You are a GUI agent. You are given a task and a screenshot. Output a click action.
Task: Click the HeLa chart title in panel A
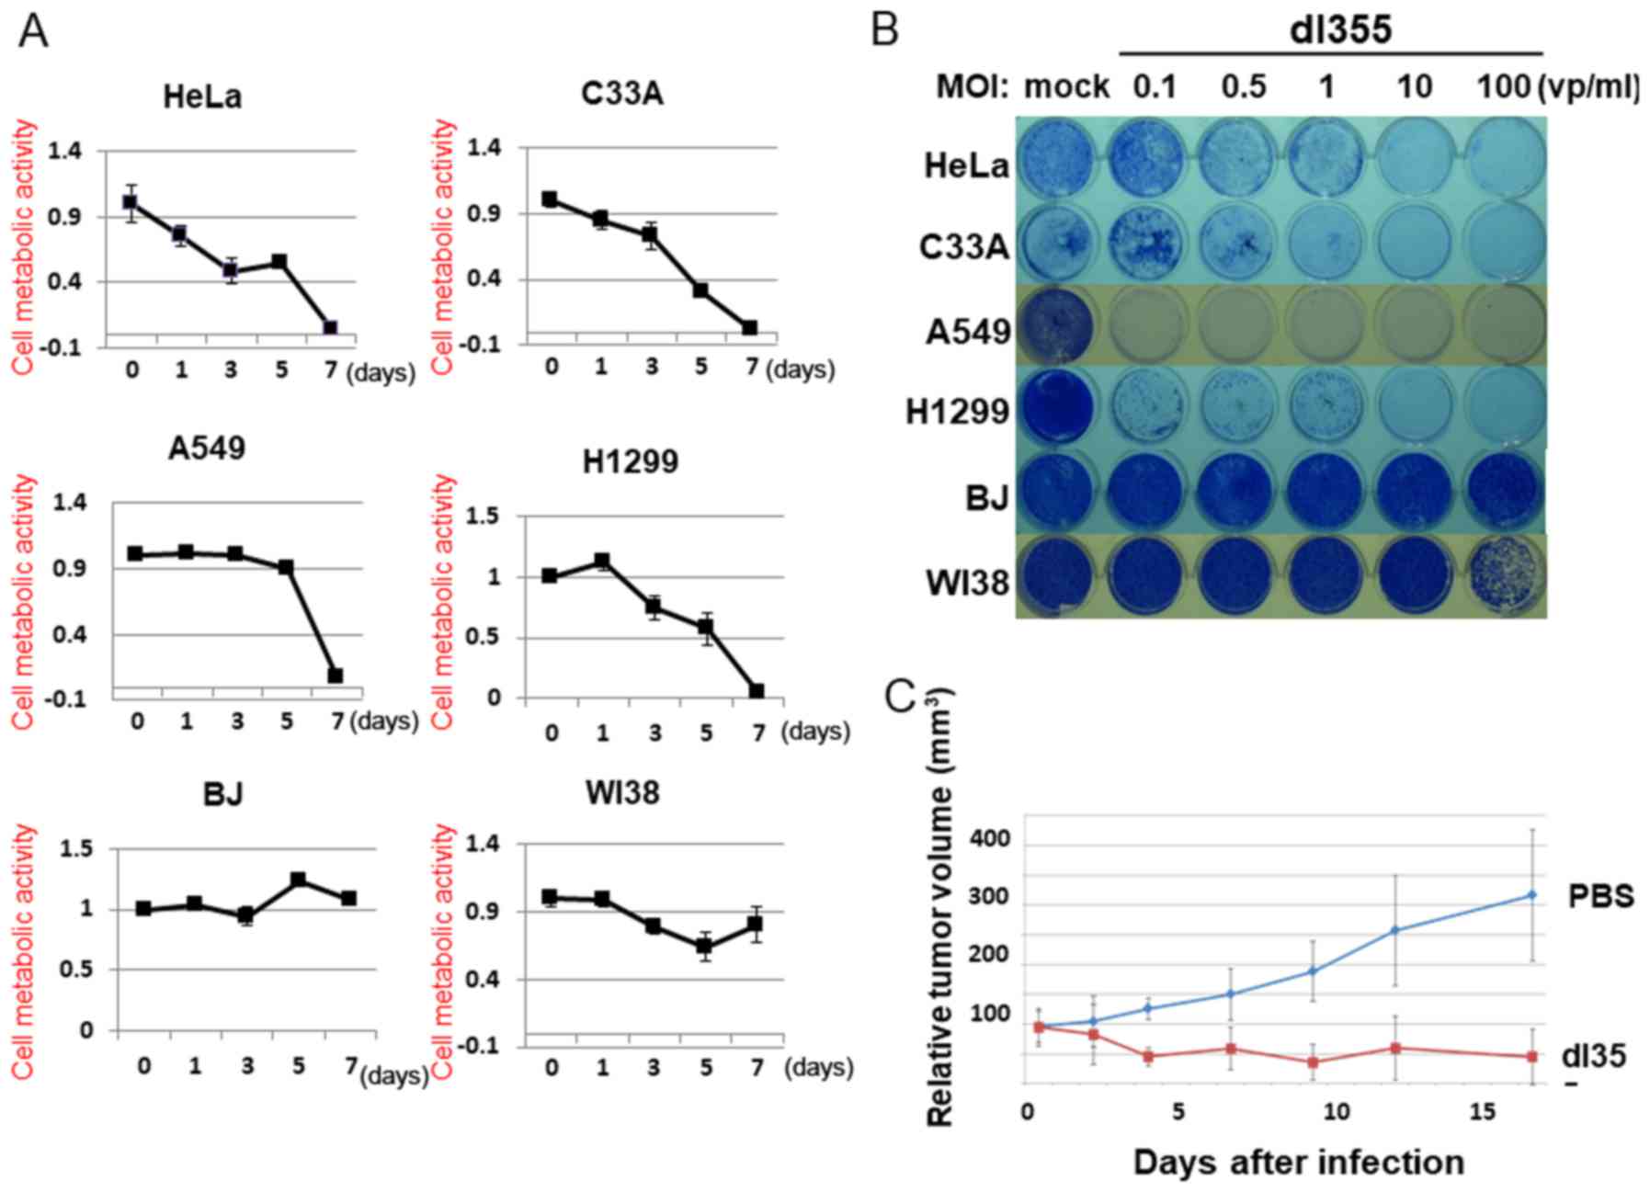tap(202, 96)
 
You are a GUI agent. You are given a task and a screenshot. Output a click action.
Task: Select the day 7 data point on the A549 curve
tap(336, 675)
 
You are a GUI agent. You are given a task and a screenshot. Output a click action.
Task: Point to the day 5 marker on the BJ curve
tap(299, 880)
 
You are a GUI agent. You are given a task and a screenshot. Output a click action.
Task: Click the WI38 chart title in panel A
tap(622, 792)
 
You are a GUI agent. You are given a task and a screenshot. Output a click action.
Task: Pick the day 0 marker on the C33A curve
tap(550, 199)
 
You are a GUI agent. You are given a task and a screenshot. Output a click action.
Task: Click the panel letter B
tap(884, 29)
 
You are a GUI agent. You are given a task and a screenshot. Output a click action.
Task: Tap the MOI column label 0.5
tap(1243, 87)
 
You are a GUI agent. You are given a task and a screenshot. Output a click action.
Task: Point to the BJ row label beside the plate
tap(986, 497)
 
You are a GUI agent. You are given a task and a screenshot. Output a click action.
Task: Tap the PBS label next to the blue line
tap(1600, 896)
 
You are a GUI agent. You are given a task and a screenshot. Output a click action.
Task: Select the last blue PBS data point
tap(1531, 894)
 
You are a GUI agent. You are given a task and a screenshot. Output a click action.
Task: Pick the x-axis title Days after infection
tap(1298, 1163)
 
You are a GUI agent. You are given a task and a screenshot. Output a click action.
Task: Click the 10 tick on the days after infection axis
tap(1336, 1112)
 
